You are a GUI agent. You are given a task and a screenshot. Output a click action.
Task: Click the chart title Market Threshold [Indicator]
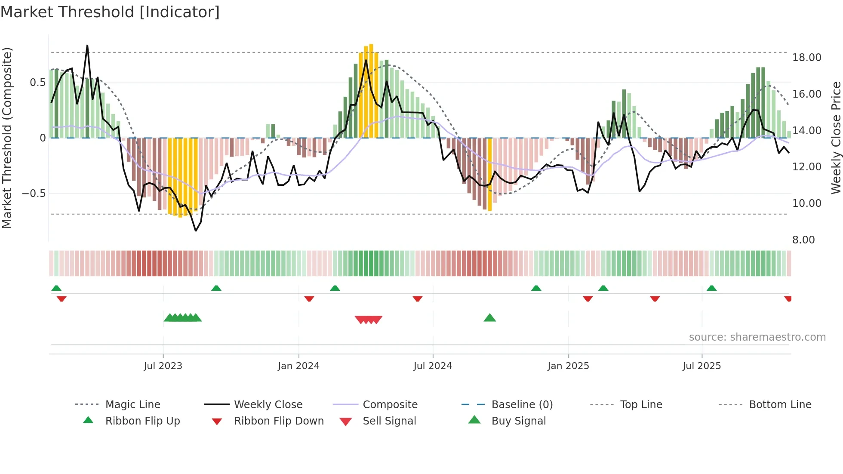[110, 12]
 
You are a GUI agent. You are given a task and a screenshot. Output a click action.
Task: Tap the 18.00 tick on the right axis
[806, 58]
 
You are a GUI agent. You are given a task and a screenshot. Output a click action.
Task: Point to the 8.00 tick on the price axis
[803, 240]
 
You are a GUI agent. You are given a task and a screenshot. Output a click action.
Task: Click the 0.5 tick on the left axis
[37, 83]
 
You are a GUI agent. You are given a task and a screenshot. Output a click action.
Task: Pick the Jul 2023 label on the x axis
[163, 366]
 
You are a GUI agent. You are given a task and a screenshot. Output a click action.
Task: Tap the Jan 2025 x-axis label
[568, 366]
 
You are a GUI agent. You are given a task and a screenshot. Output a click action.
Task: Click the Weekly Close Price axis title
[836, 138]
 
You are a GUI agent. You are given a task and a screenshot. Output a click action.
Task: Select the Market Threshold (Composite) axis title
[7, 138]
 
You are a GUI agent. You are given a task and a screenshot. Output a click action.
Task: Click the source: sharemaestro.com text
[757, 337]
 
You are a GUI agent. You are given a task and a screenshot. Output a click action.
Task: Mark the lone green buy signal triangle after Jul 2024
[489, 318]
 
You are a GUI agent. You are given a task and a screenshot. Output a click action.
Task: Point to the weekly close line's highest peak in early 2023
[87, 46]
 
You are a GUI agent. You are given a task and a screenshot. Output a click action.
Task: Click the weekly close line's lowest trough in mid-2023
[196, 231]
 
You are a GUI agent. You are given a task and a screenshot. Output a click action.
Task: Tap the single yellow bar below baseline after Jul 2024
[490, 174]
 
